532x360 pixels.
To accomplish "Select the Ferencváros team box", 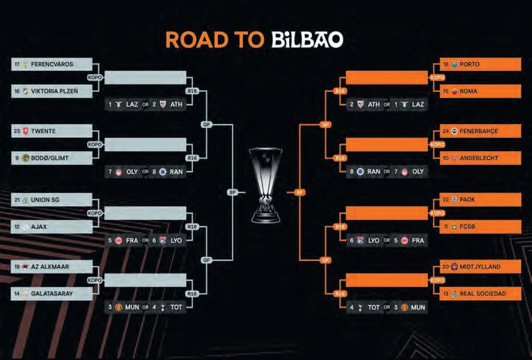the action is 52,64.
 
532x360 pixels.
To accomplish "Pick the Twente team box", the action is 52,131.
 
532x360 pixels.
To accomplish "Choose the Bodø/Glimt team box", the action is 52,157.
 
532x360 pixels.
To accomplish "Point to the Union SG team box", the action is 52,200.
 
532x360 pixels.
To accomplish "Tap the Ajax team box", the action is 52,226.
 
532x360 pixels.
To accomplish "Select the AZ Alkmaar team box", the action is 52,267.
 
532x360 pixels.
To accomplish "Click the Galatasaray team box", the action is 52,294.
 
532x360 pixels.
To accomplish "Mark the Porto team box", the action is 480,64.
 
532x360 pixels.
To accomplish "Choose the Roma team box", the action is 480,91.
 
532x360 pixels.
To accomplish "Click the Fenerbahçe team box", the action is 480,131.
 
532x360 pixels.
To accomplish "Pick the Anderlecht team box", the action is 480,157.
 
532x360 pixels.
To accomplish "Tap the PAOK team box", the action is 480,200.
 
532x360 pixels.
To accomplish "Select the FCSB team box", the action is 480,226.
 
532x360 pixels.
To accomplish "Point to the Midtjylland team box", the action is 480,267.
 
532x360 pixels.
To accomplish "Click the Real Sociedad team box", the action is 480,294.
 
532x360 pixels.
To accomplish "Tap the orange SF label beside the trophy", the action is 300,191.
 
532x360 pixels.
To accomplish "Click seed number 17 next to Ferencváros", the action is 17,64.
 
